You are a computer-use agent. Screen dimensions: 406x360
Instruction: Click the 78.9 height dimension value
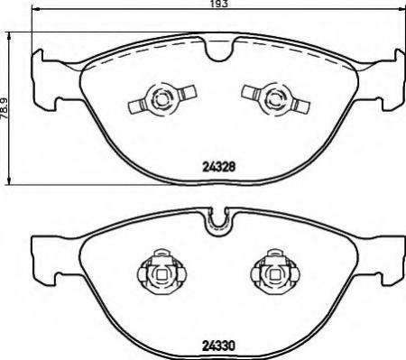[x=5, y=109]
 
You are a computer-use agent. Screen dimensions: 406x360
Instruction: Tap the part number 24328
[x=218, y=166]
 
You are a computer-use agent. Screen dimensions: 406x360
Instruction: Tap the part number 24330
[x=218, y=346]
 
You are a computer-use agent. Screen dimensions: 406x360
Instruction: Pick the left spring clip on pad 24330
[x=162, y=272]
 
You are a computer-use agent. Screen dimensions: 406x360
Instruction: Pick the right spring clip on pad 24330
[x=275, y=272]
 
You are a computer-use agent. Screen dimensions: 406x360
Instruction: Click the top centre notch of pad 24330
[x=219, y=223]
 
